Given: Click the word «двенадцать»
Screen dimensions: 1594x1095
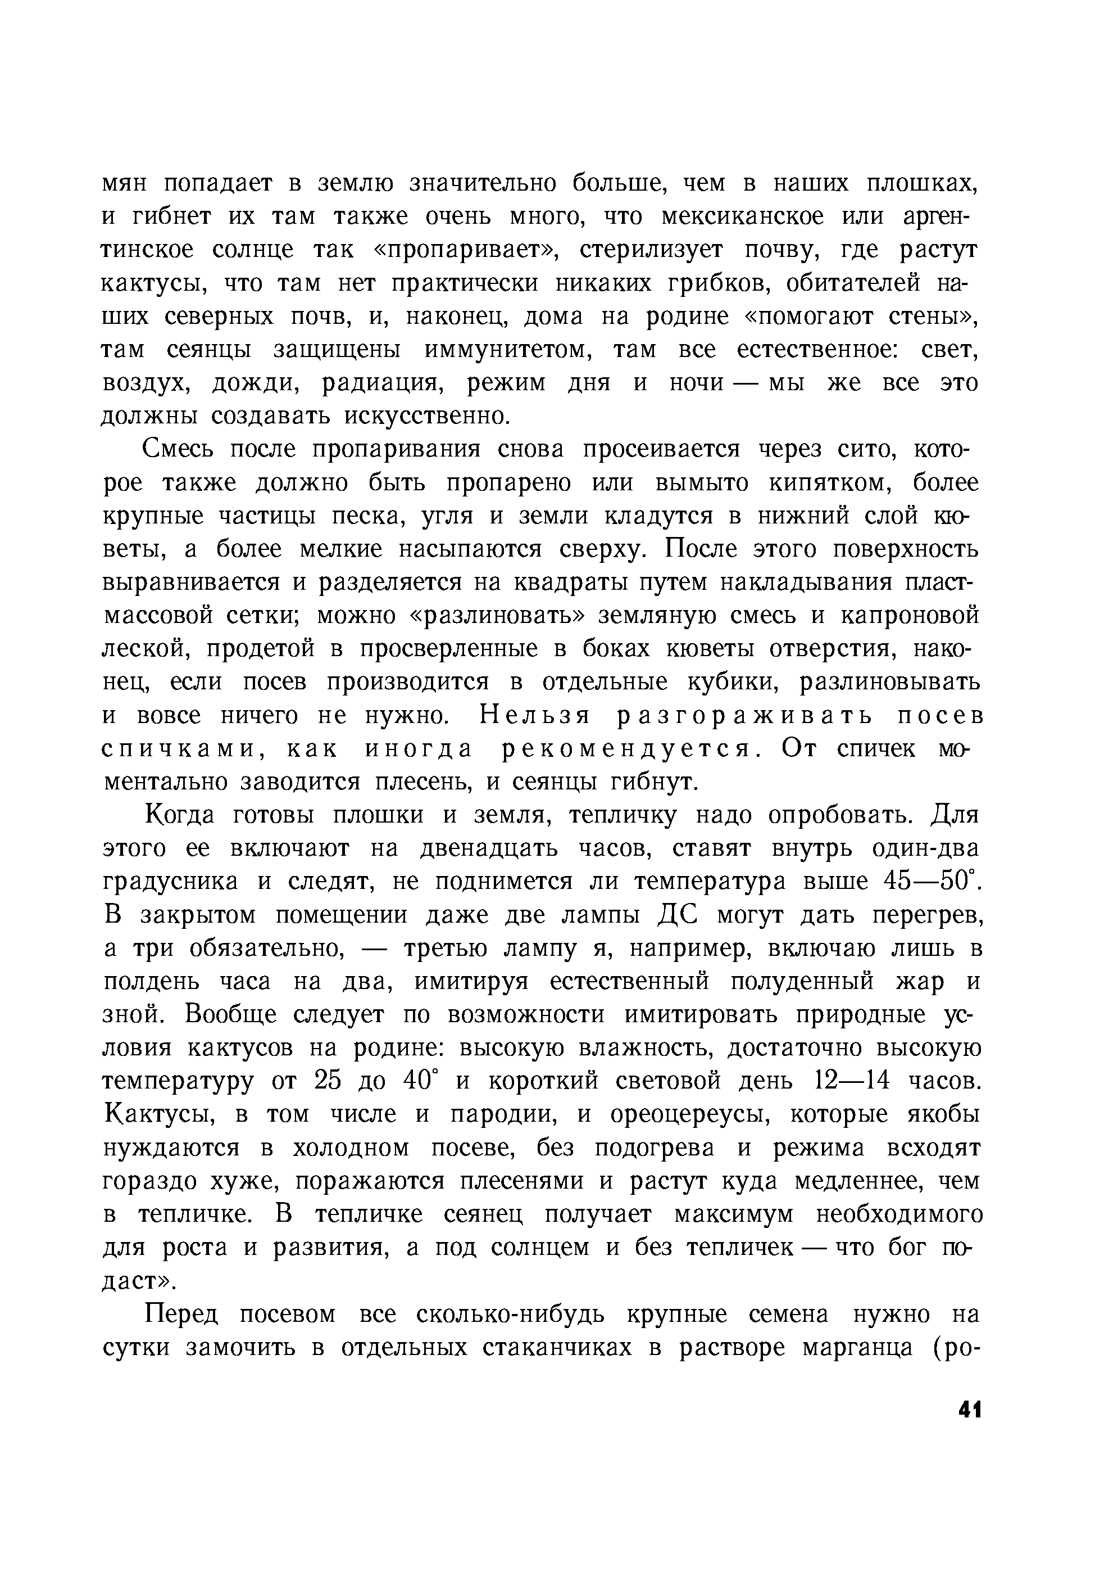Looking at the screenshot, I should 492,849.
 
